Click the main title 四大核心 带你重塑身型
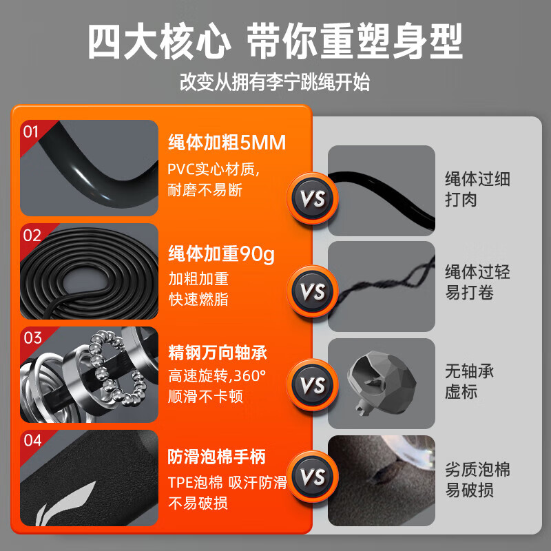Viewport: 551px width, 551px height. pos(275,43)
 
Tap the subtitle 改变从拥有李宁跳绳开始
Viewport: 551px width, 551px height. pos(275,83)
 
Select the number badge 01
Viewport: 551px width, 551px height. pos(32,131)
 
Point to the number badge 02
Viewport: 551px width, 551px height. pos(32,235)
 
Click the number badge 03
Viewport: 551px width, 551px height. pos(32,338)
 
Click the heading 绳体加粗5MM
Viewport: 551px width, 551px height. pos(227,144)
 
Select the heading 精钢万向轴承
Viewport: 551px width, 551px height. pos(217,354)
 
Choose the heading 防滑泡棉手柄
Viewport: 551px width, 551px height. pos(216,457)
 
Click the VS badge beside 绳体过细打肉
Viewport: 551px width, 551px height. pos(312,200)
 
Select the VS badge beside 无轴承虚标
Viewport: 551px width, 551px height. pos(312,383)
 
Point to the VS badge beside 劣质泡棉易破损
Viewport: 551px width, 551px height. pos(312,477)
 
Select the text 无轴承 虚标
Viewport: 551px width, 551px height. pos(470,382)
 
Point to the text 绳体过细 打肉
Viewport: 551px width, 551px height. pos(477,189)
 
